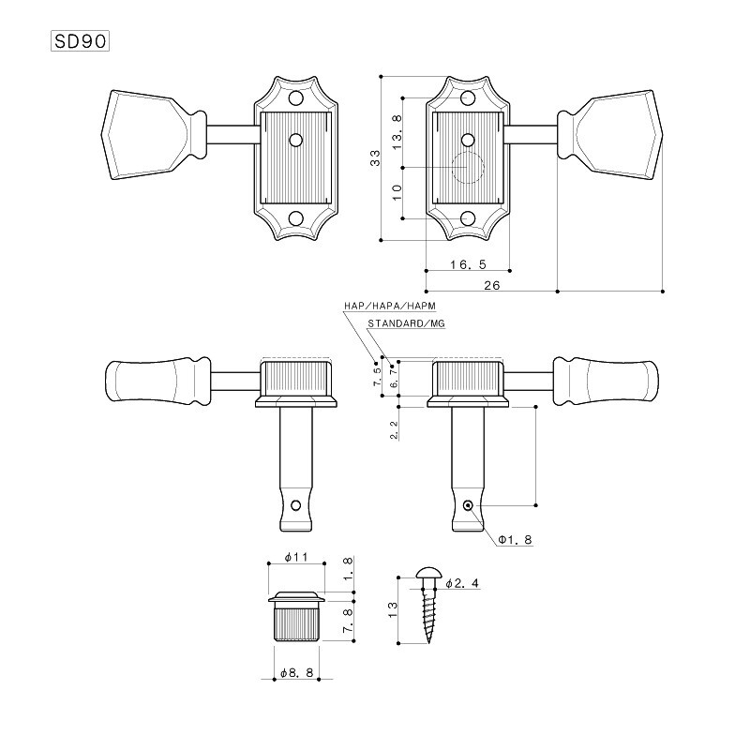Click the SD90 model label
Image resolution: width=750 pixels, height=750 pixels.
[x=80, y=41]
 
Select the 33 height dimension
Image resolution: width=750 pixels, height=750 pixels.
[x=376, y=157]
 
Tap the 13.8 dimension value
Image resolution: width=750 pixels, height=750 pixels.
[x=397, y=132]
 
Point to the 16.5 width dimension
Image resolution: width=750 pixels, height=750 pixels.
[x=467, y=264]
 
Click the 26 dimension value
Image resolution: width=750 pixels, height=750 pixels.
[x=491, y=285]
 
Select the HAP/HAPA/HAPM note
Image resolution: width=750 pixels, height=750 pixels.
[x=390, y=306]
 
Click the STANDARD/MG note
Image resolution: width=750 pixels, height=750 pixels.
[x=406, y=323]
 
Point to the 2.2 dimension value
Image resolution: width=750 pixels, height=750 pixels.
[x=394, y=430]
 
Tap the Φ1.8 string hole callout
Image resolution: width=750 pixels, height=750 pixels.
[x=515, y=540]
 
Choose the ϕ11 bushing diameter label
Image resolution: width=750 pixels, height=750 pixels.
[x=296, y=557]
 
